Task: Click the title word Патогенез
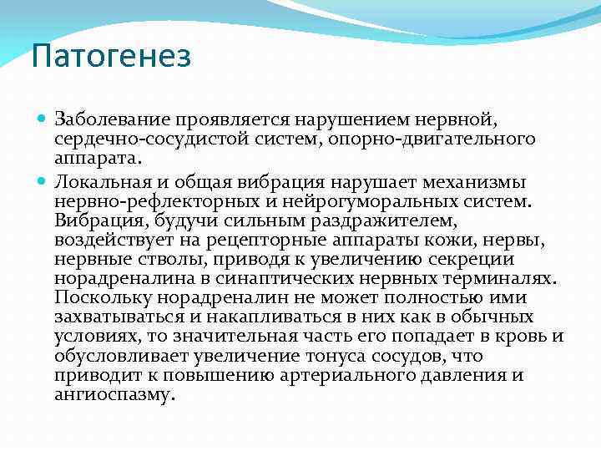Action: (111, 58)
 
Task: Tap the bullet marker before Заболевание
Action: (43, 119)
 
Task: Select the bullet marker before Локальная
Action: (43, 182)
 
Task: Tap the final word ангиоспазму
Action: (114, 394)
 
